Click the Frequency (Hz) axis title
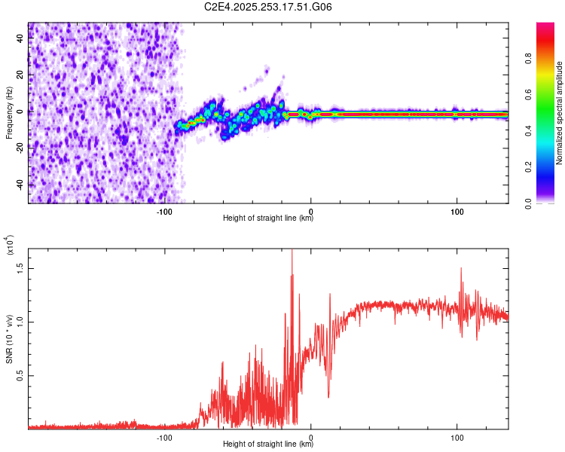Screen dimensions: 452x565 click(9, 113)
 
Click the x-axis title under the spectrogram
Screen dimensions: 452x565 click(268, 218)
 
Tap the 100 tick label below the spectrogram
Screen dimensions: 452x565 click(457, 212)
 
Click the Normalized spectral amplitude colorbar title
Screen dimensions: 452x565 click(560, 113)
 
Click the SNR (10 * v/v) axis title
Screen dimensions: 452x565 click(9, 339)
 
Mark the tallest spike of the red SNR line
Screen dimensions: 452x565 click(292, 252)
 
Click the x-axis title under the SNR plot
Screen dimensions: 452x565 click(268, 444)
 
